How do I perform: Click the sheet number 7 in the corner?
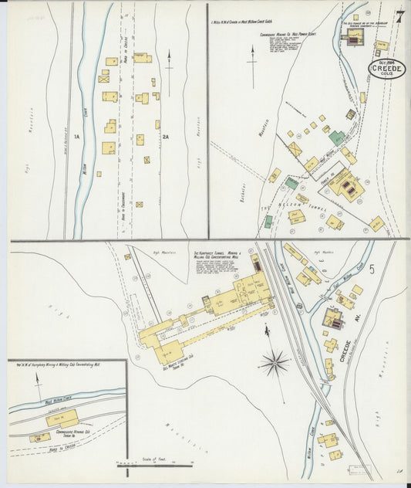tap(399, 18)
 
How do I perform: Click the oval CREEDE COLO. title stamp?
tap(386, 70)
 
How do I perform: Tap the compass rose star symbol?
tap(274, 361)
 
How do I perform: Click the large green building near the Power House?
tap(336, 137)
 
